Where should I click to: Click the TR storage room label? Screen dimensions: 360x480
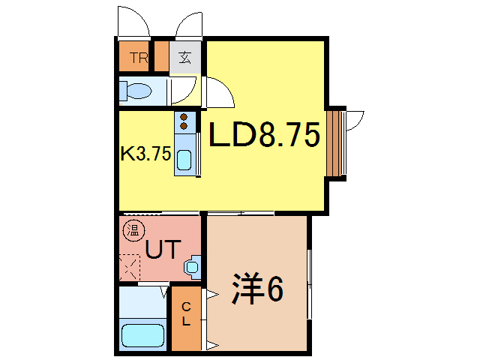point(136,58)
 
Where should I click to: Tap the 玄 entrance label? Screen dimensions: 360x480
point(184,58)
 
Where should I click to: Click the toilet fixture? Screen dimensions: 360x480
point(137,91)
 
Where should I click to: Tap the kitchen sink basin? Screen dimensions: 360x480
point(184,158)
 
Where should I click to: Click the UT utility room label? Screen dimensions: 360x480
point(163,249)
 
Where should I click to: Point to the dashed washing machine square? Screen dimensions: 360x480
point(129,267)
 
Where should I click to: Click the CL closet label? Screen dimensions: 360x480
point(185,317)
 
